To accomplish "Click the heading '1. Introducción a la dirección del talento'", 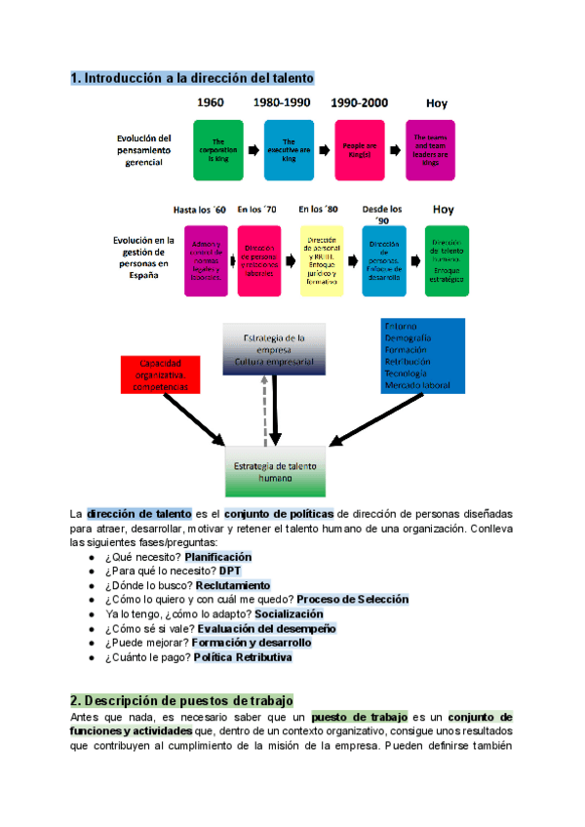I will pyautogui.click(x=192, y=77).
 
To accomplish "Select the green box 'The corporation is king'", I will pyautogui.click(x=218, y=149).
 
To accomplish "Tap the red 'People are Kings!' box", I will pyautogui.click(x=360, y=149).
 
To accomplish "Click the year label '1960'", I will pyautogui.click(x=213, y=103).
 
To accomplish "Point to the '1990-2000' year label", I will pyautogui.click(x=360, y=103).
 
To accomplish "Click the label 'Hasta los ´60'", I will pyautogui.click(x=200, y=210).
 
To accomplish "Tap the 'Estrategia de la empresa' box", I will pyautogui.click(x=275, y=349).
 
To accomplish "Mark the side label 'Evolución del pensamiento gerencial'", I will pyautogui.click(x=144, y=150).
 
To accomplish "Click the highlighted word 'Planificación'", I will pyautogui.click(x=226, y=556).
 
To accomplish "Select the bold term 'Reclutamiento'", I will pyautogui.click(x=233, y=585).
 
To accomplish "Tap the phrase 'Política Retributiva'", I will pyautogui.click(x=244, y=657).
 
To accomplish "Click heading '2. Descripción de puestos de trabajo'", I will pyautogui.click(x=181, y=701).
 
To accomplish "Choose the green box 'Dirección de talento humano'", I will pyautogui.click(x=447, y=259).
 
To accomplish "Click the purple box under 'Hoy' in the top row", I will pyautogui.click(x=431, y=149).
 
